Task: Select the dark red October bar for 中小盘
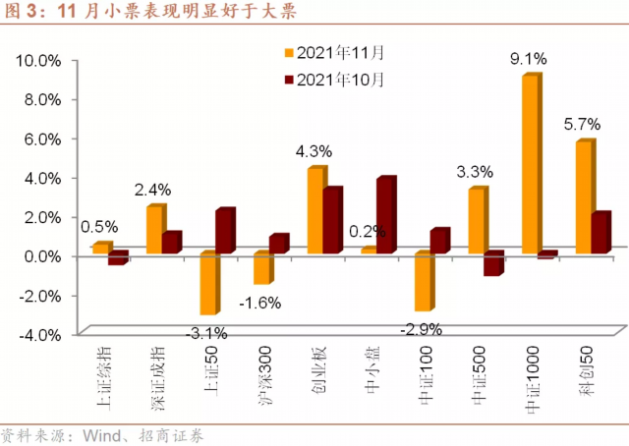385,216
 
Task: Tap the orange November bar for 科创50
583,197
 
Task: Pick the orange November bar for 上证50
207,284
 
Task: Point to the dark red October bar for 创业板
332,222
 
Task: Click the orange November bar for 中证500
476,222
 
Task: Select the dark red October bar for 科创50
600,232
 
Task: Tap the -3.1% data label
209,331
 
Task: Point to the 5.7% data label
581,125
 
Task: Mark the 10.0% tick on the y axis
40,60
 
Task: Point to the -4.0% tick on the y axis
40,334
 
